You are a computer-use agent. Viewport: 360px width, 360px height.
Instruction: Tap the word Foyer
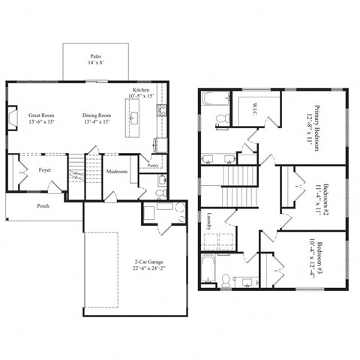[44, 170]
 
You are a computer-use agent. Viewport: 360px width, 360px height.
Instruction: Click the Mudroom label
[116, 172]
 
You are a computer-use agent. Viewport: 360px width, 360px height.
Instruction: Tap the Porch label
[43, 205]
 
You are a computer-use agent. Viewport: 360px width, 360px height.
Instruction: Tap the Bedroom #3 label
[321, 259]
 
